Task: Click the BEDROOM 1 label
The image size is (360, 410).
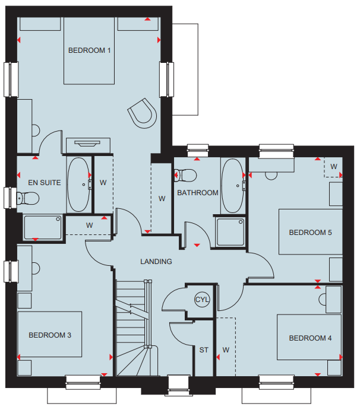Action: tap(89, 50)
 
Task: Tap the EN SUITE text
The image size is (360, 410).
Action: tap(44, 183)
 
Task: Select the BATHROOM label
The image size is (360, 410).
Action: tap(198, 193)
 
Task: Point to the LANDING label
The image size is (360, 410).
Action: tap(156, 262)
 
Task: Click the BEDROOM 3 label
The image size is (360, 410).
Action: tap(50, 335)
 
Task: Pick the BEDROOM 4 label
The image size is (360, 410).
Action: tap(310, 338)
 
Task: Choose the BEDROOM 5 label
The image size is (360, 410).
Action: tap(310, 233)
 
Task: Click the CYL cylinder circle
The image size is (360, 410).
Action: tap(202, 300)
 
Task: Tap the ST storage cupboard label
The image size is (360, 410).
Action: tap(204, 350)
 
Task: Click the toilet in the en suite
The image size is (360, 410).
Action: tap(28, 198)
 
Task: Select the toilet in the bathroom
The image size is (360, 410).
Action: tap(185, 175)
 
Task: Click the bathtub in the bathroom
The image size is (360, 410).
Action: tap(232, 186)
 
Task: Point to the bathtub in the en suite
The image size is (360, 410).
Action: tap(78, 185)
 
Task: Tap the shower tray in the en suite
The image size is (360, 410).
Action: tap(43, 227)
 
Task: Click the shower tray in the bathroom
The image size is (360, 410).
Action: tap(230, 232)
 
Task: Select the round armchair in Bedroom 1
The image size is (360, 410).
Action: tap(143, 113)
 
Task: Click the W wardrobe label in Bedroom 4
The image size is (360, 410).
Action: tap(226, 350)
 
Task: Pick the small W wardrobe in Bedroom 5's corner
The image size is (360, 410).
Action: tap(333, 167)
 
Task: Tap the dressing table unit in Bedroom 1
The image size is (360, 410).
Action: tap(88, 145)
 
